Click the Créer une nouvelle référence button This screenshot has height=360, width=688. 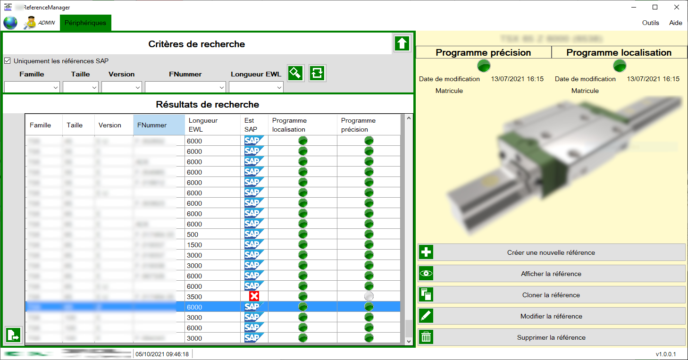(551, 252)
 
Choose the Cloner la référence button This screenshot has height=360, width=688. (551, 295)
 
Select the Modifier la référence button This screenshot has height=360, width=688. (551, 316)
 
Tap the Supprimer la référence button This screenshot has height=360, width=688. (551, 337)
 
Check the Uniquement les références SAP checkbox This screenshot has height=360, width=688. (8, 61)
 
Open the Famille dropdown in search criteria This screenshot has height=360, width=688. (32, 87)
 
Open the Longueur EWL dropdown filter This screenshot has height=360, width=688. (256, 87)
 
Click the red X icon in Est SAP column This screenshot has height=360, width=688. (254, 296)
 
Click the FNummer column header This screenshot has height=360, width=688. (159, 125)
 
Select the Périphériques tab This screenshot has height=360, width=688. (85, 23)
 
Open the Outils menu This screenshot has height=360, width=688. (650, 23)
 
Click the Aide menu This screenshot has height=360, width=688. (675, 23)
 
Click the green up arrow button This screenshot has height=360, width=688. (402, 43)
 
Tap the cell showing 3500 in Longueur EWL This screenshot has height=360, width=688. (212, 297)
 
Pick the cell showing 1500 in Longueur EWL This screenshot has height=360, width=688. (212, 245)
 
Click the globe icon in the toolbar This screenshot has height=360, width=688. (10, 23)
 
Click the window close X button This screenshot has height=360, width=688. (677, 7)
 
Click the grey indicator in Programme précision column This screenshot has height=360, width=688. (369, 296)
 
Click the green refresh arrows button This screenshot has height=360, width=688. (317, 73)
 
